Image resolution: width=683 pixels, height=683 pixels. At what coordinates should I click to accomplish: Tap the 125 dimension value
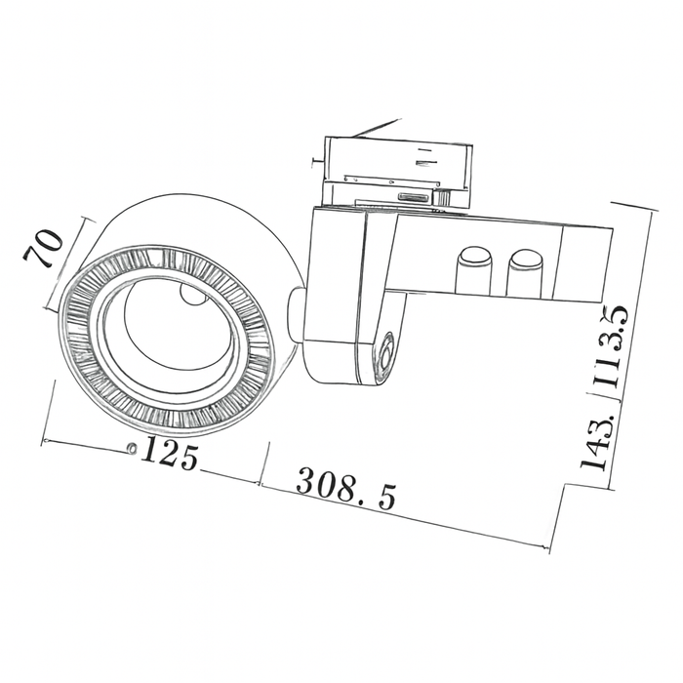[x=171, y=454]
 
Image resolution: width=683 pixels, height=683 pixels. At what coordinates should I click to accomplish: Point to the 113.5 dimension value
[x=614, y=352]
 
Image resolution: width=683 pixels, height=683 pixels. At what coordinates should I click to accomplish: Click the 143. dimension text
[x=597, y=442]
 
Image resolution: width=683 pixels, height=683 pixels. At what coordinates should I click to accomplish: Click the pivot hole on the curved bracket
[x=386, y=355]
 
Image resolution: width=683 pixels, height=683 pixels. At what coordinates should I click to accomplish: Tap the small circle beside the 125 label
[x=131, y=448]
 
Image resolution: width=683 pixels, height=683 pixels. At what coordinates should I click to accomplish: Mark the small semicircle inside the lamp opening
[x=192, y=296]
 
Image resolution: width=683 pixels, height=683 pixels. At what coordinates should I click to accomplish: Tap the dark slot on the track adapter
[x=412, y=196]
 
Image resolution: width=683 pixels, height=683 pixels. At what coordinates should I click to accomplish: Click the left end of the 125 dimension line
[x=44, y=440]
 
